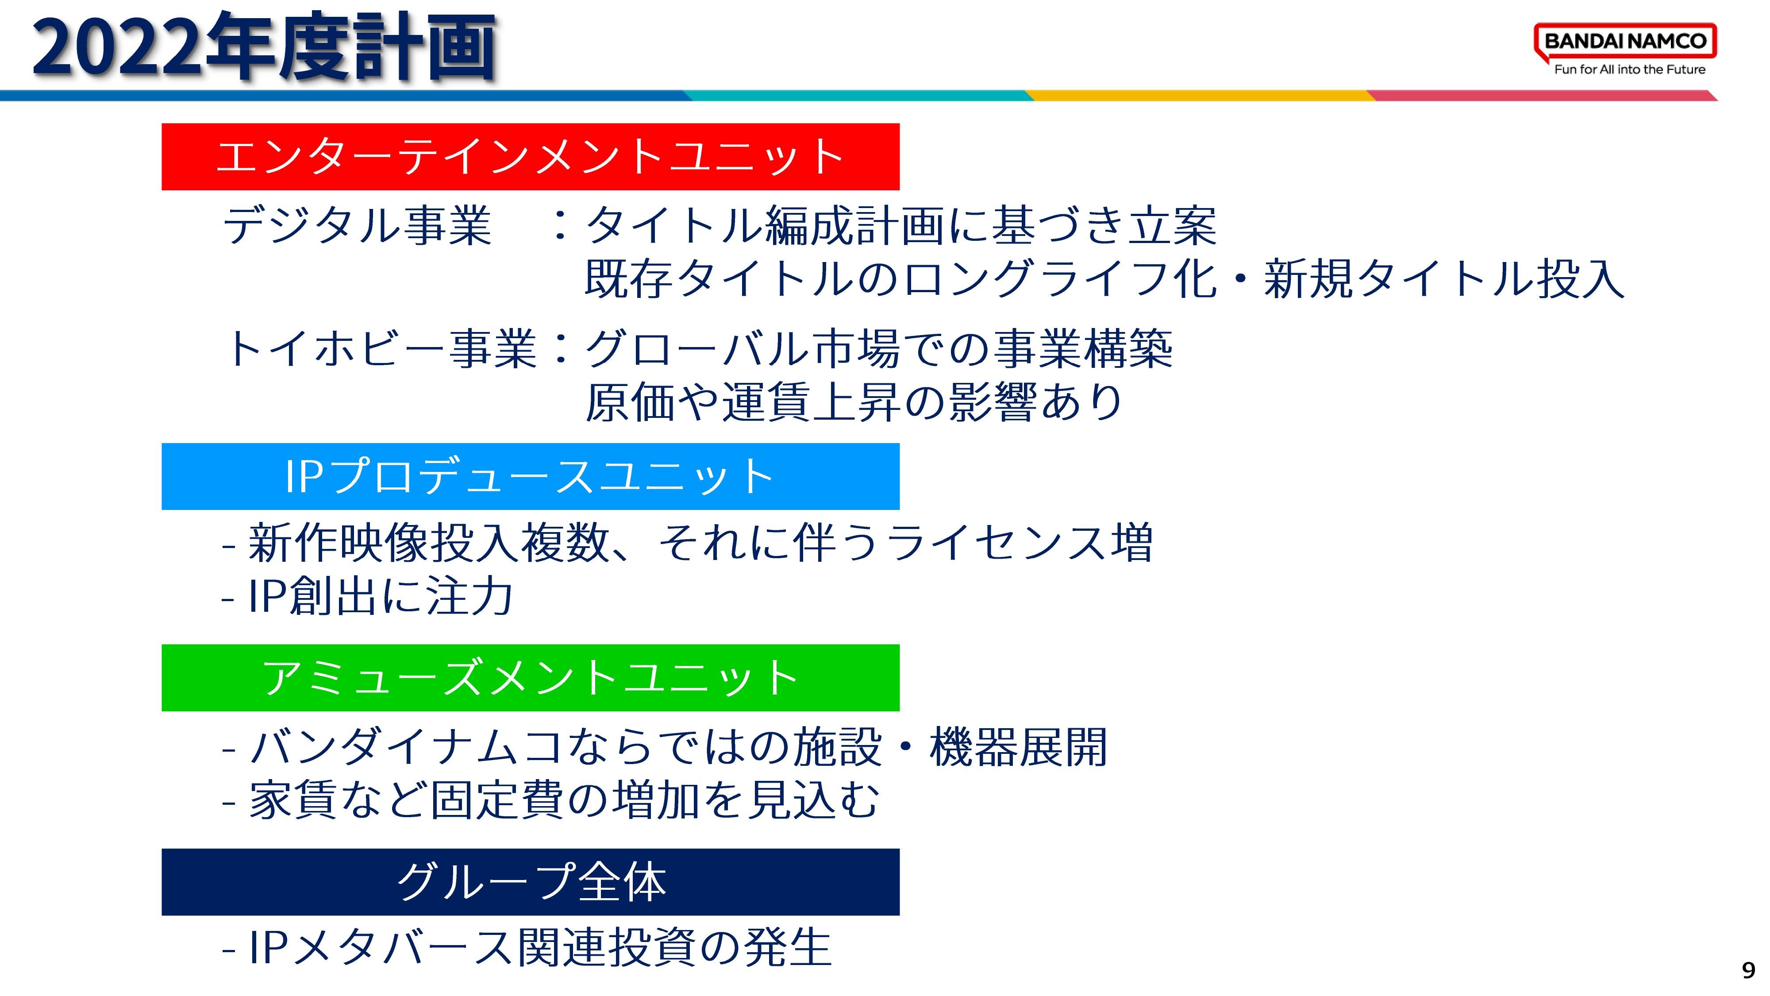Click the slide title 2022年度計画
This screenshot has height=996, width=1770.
click(x=264, y=47)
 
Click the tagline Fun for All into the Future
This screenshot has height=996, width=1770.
click(x=1630, y=69)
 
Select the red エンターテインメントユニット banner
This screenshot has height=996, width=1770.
click(x=531, y=157)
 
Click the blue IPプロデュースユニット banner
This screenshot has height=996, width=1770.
click(x=531, y=476)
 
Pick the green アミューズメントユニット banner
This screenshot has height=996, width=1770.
click(x=531, y=678)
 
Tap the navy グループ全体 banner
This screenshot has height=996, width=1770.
click(x=531, y=882)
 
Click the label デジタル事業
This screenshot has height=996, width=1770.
click(x=357, y=225)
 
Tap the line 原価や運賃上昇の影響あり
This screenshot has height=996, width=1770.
click(x=854, y=402)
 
